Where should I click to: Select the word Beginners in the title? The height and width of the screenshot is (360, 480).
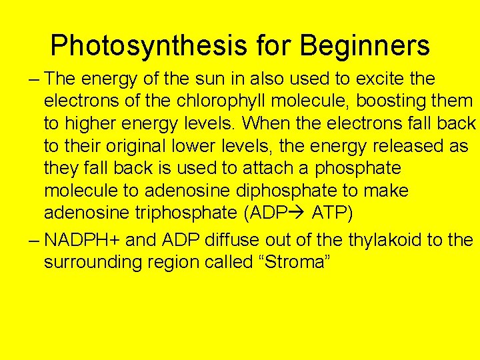click(365, 46)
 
